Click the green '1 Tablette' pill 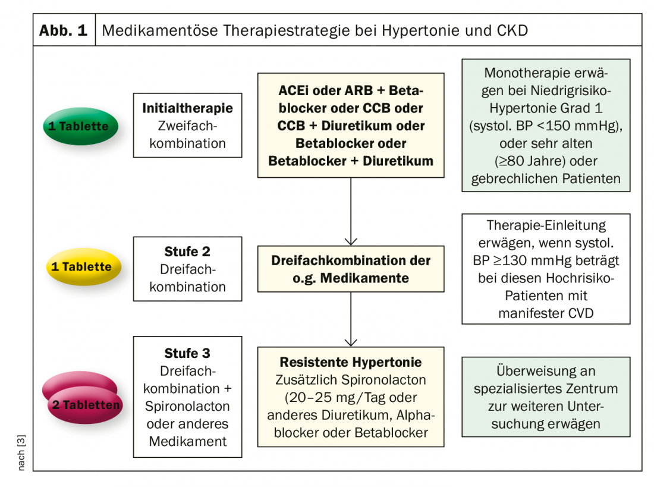tap(80, 126)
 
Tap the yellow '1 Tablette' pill tap(83, 266)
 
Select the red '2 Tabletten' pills tap(83, 397)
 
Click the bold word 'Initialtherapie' tap(187, 108)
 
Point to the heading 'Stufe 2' tap(187, 252)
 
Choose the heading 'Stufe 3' tap(187, 353)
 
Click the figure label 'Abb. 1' tap(64, 30)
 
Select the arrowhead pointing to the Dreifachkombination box tap(351, 241)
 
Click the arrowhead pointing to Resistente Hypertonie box tap(351, 342)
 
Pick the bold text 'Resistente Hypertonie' tap(351, 362)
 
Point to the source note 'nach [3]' tap(21, 453)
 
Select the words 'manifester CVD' tap(546, 313)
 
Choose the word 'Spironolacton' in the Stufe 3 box tap(187, 406)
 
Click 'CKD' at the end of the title tap(512, 30)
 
